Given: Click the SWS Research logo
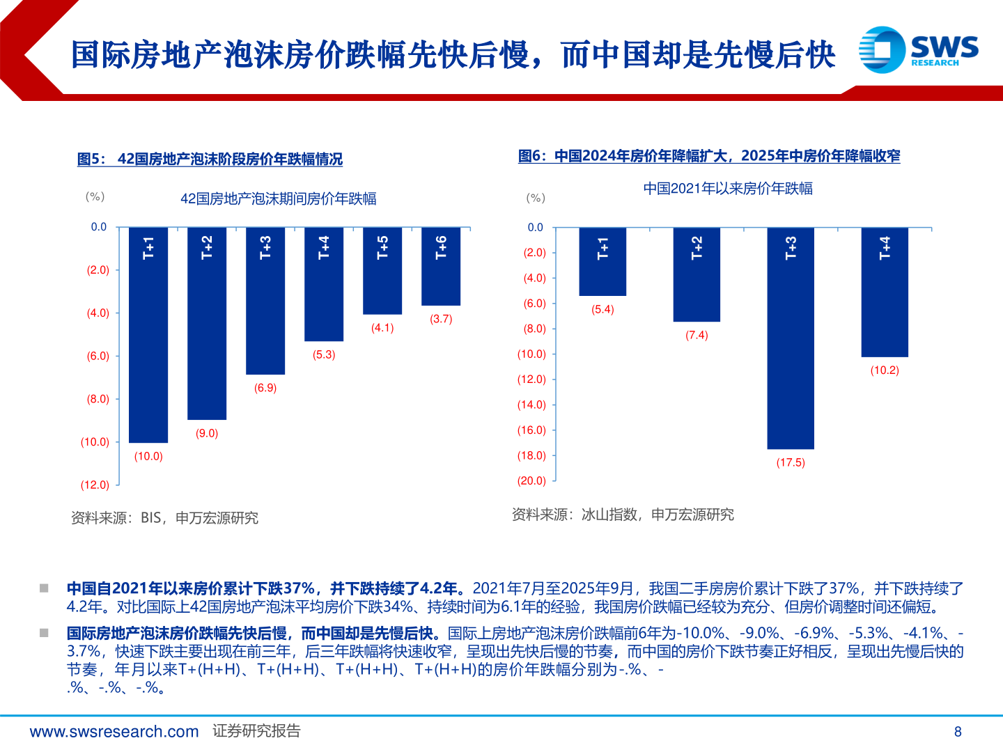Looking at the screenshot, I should tap(918, 49).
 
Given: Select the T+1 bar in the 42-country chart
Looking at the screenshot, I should tap(148, 334).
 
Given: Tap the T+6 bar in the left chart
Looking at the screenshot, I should tap(441, 266).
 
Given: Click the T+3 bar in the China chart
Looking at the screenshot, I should tap(791, 338).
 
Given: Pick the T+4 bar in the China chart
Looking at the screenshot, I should tap(885, 292).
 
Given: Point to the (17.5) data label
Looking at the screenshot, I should tap(791, 463).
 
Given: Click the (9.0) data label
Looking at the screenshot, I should tap(207, 433).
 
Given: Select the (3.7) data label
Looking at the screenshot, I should tap(441, 319).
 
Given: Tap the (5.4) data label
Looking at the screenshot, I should tap(602, 309).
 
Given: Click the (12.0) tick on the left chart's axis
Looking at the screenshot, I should tap(95, 485).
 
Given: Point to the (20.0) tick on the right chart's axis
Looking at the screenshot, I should tap(531, 480).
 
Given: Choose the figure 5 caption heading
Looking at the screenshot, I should tap(210, 159).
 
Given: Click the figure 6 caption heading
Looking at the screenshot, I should tap(709, 156).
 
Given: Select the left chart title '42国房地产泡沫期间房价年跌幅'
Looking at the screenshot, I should tap(278, 199).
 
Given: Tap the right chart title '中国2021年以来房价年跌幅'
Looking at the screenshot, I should tap(728, 189).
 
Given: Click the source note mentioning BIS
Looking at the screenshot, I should tap(164, 518).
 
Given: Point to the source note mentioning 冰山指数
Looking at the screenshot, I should tap(623, 515).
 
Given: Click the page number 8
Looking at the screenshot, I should tap(958, 731).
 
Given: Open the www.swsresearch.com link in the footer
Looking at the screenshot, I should tap(114, 731).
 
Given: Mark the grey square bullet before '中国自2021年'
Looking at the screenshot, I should tap(44, 588).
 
